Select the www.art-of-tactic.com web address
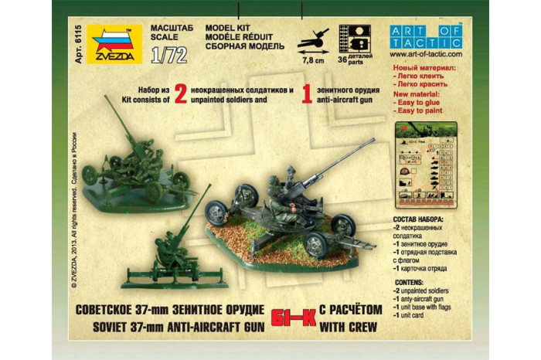(x=426, y=55)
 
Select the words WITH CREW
(x=350, y=322)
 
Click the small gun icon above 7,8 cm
(x=315, y=36)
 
